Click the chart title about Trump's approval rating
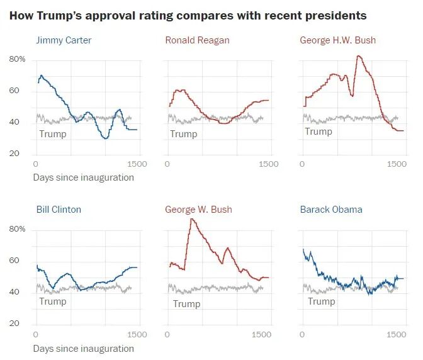click(188, 15)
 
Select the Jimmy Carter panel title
click(64, 40)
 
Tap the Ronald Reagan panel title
click(197, 40)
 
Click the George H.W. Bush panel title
click(337, 40)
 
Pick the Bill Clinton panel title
click(59, 210)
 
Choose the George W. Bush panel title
click(198, 210)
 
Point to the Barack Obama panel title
click(331, 210)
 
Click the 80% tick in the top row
click(17, 60)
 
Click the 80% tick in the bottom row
click(17, 229)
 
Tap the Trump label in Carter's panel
click(52, 133)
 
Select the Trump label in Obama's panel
click(321, 301)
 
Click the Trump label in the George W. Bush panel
click(186, 304)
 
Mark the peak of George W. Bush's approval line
click(191, 219)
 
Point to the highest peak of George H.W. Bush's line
click(358, 56)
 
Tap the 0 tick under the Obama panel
click(303, 334)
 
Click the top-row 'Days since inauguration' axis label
click(83, 177)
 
